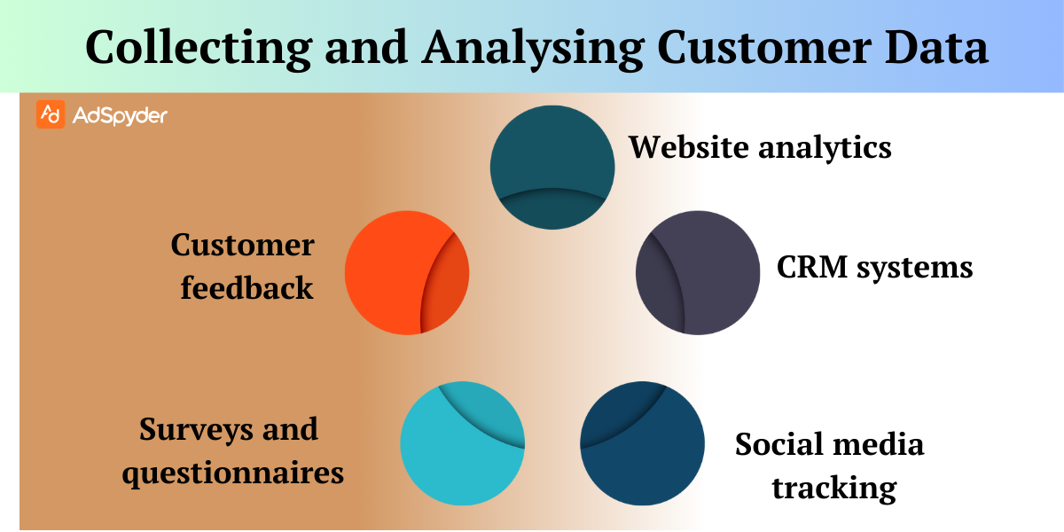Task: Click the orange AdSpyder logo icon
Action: pyautogui.click(x=51, y=115)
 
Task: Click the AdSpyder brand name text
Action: pyautogui.click(x=118, y=115)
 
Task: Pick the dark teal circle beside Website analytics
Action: pyautogui.click(x=552, y=167)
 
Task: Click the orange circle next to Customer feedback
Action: pyautogui.click(x=406, y=272)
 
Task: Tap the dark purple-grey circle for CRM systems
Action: pyautogui.click(x=698, y=272)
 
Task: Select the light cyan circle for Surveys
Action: pyautogui.click(x=462, y=443)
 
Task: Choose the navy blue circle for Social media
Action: pyautogui.click(x=642, y=443)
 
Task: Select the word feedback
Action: pyautogui.click(x=246, y=287)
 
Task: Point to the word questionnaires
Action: pyautogui.click(x=232, y=473)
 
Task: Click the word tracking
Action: pyautogui.click(x=833, y=488)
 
